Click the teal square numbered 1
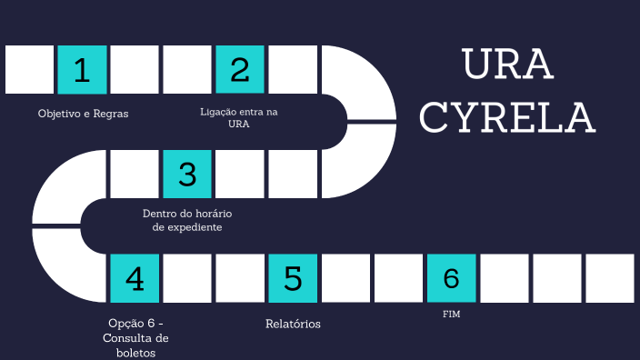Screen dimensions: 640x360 82,70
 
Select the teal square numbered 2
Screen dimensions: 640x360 240,70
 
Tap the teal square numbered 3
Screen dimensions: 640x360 187,174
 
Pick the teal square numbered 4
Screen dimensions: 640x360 135,278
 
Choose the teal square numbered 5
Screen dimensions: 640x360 293,278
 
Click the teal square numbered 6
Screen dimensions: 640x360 451,278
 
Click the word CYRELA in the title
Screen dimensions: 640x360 508,117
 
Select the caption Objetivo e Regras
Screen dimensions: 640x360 83,115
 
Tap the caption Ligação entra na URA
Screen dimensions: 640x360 239,117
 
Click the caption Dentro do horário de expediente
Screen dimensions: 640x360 187,220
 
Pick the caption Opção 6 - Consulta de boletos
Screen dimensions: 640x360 135,337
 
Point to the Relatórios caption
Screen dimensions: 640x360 293,324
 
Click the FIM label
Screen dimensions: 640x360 451,315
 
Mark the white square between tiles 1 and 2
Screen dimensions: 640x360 135,70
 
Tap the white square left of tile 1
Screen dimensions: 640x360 29,70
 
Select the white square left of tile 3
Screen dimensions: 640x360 135,174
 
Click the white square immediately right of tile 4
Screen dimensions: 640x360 187,278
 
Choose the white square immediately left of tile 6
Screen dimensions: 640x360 398,278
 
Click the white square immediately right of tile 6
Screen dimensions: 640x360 504,278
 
